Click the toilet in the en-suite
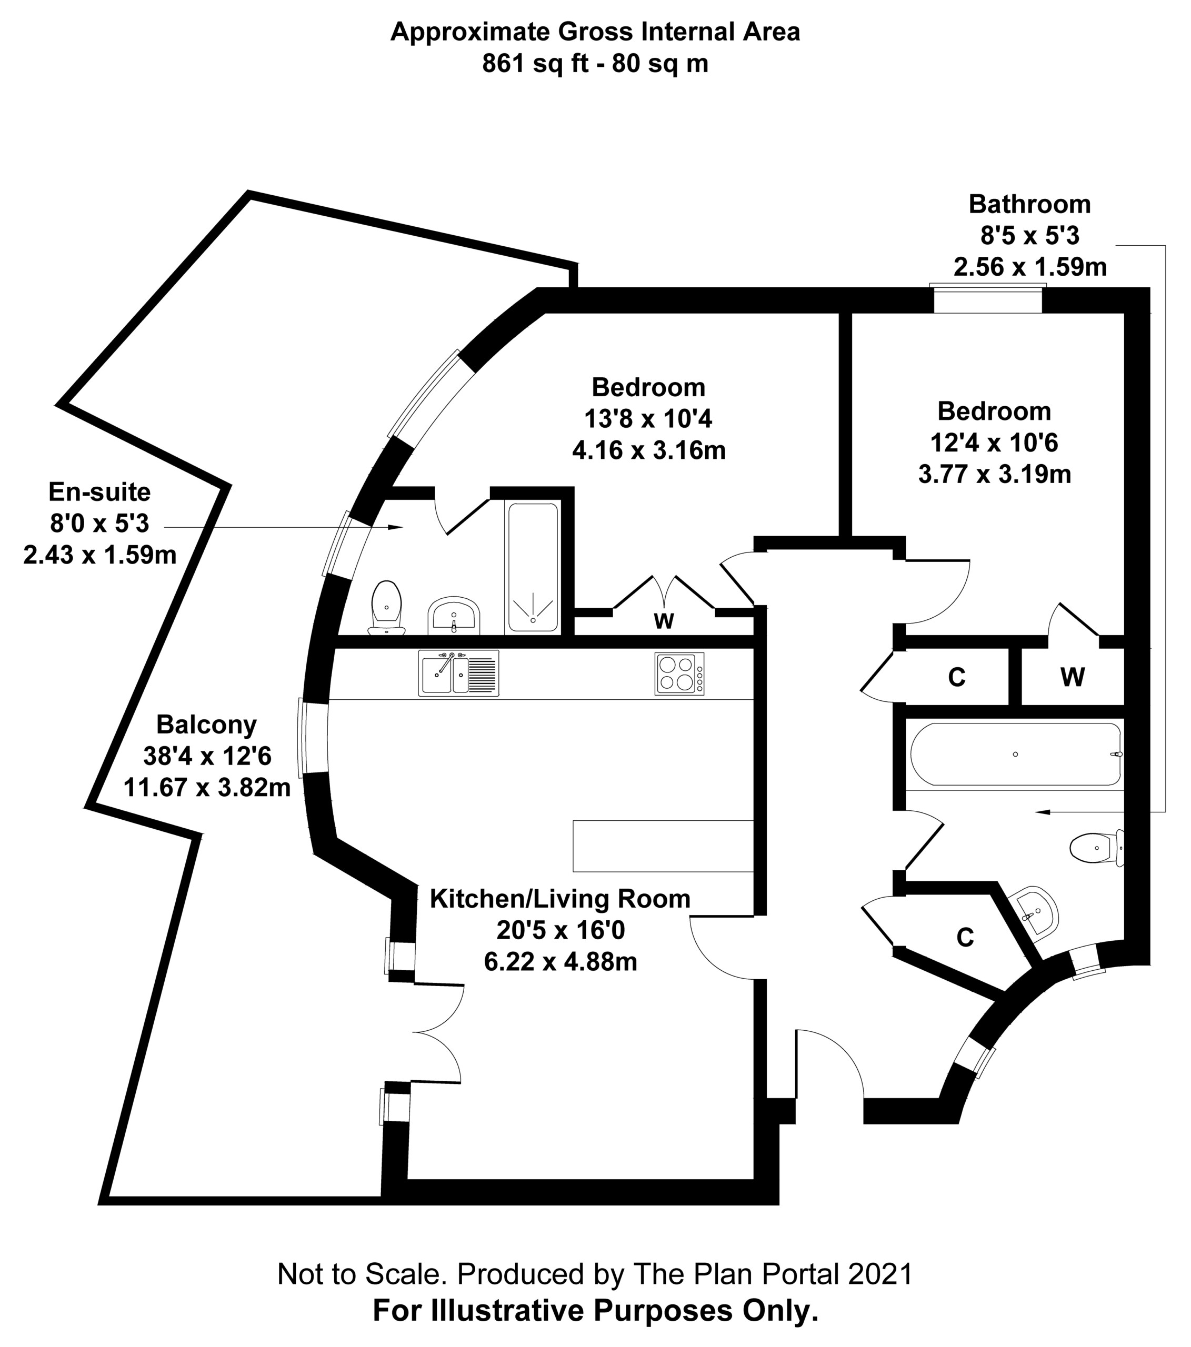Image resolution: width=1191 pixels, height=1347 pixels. click(387, 608)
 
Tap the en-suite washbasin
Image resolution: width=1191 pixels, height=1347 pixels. click(454, 616)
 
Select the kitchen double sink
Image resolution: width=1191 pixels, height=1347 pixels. click(458, 673)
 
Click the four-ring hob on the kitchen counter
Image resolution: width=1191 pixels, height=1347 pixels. click(679, 673)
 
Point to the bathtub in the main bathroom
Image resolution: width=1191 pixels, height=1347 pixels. click(1015, 754)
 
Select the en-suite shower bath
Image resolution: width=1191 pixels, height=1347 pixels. click(533, 566)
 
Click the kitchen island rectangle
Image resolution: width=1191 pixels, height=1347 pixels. click(663, 846)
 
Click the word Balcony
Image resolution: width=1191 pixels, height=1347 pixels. click(206, 725)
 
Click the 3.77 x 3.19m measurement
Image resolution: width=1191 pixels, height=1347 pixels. click(995, 474)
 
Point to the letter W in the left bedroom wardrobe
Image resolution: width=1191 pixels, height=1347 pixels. click(664, 621)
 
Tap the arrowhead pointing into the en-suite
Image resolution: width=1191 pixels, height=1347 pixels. click(395, 527)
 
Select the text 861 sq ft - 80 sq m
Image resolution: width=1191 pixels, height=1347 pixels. click(595, 64)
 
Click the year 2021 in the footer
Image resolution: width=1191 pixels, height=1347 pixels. click(880, 1274)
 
